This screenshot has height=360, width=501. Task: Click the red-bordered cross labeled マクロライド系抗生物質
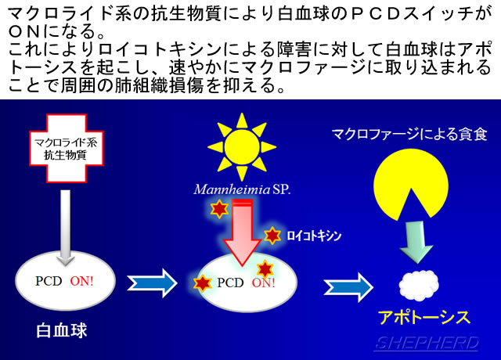click(67, 148)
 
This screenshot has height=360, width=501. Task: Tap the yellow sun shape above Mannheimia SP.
click(242, 147)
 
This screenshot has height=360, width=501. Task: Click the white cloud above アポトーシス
click(419, 285)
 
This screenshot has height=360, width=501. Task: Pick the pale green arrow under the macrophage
click(416, 242)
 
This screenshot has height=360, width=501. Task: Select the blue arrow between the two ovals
click(152, 283)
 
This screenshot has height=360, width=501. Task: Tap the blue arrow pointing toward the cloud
click(348, 287)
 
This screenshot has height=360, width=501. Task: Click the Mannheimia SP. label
click(242, 189)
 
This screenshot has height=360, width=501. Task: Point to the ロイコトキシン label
click(314, 236)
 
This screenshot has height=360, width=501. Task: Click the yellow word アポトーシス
click(424, 318)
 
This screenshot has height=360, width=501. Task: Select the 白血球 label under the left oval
click(62, 330)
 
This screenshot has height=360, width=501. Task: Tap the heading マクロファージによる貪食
click(409, 134)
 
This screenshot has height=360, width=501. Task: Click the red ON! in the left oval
click(81, 281)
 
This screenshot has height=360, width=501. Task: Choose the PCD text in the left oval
click(49, 281)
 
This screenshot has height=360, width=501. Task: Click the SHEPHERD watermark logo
click(427, 344)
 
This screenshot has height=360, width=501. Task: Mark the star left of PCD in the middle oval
click(203, 283)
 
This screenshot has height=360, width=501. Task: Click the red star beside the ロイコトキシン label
click(272, 236)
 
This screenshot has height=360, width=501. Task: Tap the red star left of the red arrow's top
click(219, 209)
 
